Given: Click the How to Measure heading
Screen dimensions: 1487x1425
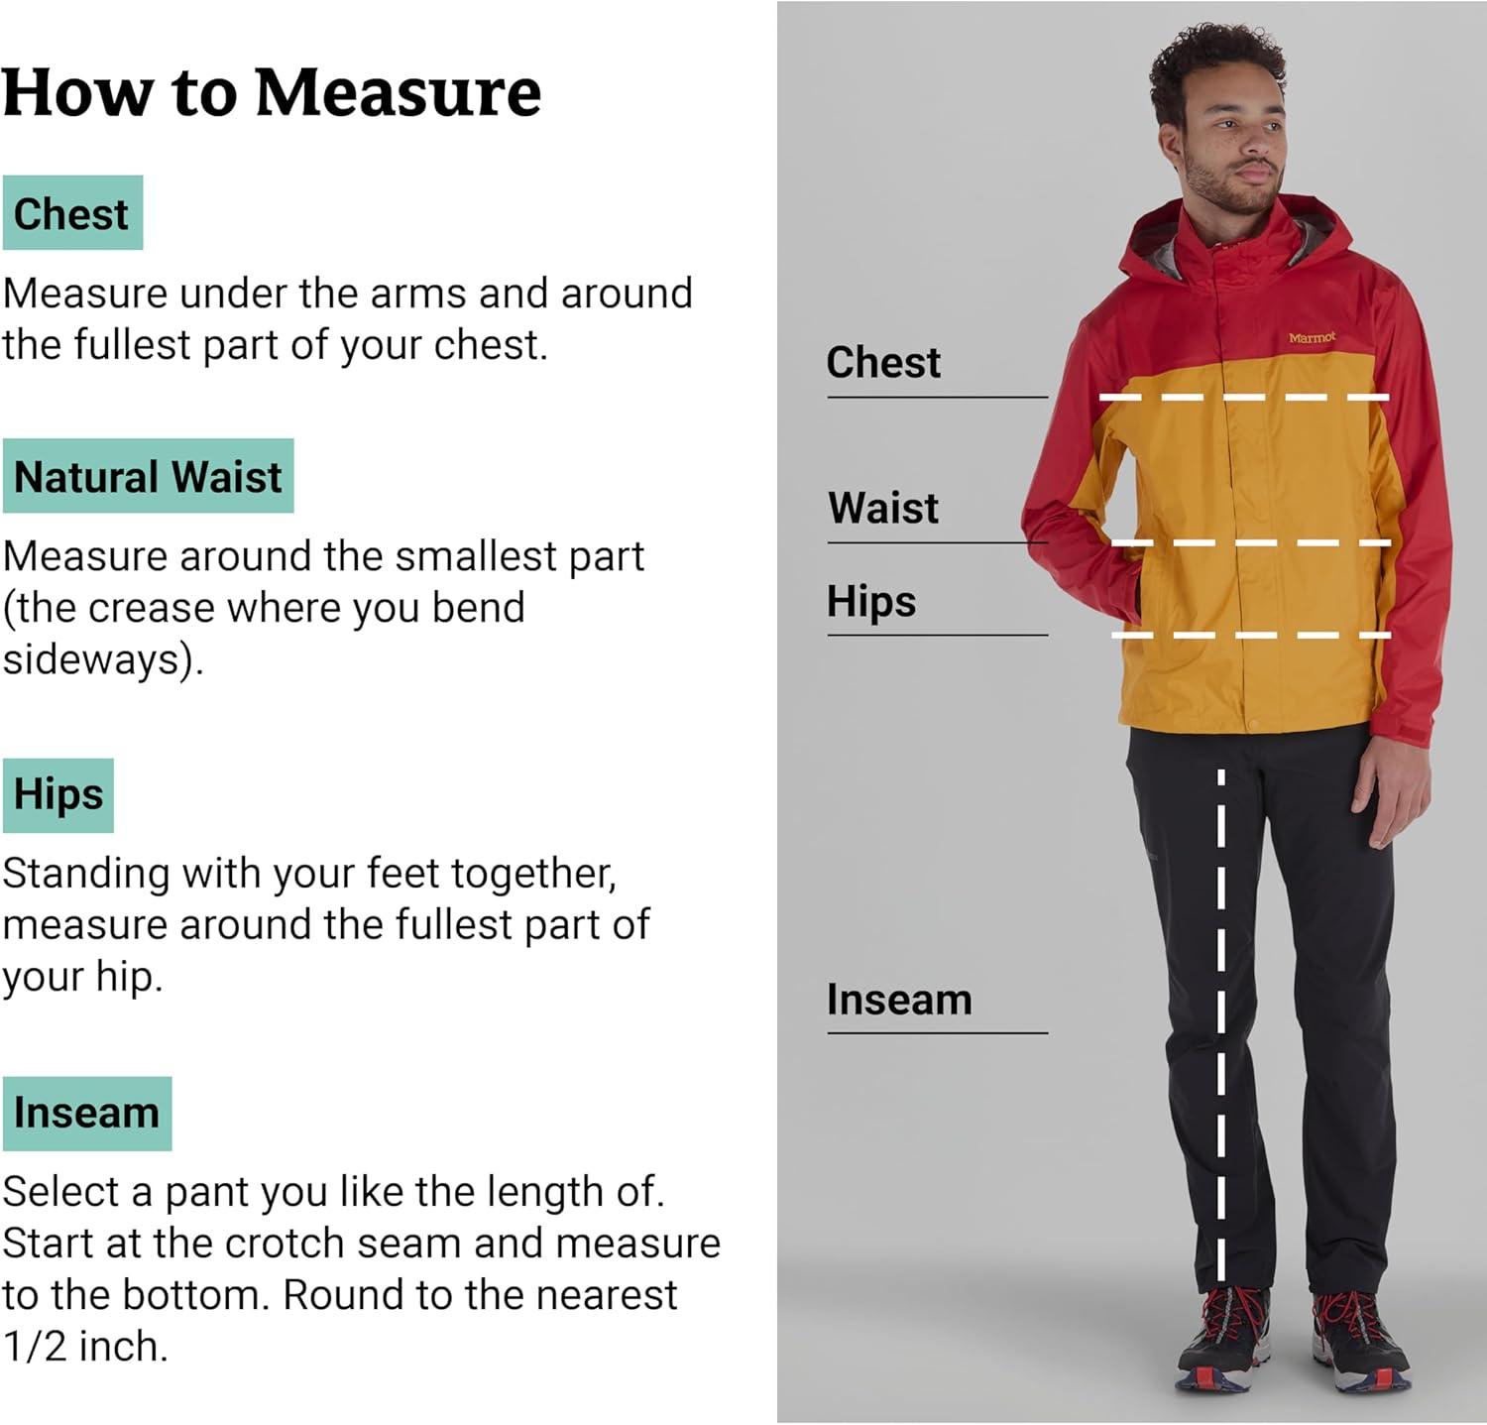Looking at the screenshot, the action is pyautogui.click(x=272, y=93).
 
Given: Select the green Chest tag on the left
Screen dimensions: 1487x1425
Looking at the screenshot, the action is pyautogui.click(x=73, y=213).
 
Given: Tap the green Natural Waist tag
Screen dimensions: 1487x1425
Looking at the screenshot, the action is pyautogui.click(x=149, y=476).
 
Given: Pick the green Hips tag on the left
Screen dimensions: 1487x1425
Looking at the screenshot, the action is pyautogui.click(x=58, y=795).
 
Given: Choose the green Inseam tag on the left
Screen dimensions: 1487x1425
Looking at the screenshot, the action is pyautogui.click(x=87, y=1114).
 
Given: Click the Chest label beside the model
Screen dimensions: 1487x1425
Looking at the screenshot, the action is pyautogui.click(x=883, y=363).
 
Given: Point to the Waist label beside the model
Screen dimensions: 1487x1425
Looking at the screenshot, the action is pyautogui.click(x=883, y=508).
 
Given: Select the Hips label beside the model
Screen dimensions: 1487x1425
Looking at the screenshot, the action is pyautogui.click(x=871, y=602).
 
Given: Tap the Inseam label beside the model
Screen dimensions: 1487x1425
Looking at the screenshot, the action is pyautogui.click(x=899, y=1000).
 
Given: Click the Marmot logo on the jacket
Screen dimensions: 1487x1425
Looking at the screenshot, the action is pyautogui.click(x=1312, y=338).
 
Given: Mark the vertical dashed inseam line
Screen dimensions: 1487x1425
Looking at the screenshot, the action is pyautogui.click(x=1221, y=1025).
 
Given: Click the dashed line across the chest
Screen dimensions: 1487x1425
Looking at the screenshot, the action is pyautogui.click(x=1244, y=398).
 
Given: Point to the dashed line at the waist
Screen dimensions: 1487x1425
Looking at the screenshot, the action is pyautogui.click(x=1251, y=543).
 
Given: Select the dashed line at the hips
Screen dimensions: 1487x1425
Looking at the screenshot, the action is pyautogui.click(x=1251, y=635).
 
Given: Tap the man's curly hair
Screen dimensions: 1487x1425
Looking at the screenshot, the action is pyautogui.click(x=1214, y=69).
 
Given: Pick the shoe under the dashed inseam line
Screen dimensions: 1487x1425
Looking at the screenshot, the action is pyautogui.click(x=1224, y=1339).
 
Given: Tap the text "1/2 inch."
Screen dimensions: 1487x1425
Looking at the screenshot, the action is pyautogui.click(x=85, y=1347).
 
